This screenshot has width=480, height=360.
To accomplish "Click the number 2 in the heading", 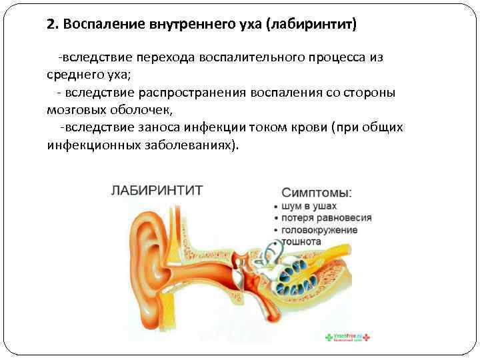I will coord(51,25).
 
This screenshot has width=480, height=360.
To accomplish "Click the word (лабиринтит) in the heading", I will coord(311,25).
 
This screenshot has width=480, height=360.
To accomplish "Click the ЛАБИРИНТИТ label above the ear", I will coord(156,189).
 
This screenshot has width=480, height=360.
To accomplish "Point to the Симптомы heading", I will coord(317,192).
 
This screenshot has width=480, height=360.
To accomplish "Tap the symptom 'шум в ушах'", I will coord(309,206).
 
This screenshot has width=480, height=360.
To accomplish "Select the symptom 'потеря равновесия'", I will coord(327,218).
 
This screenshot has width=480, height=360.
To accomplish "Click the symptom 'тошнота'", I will coord(302,241).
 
